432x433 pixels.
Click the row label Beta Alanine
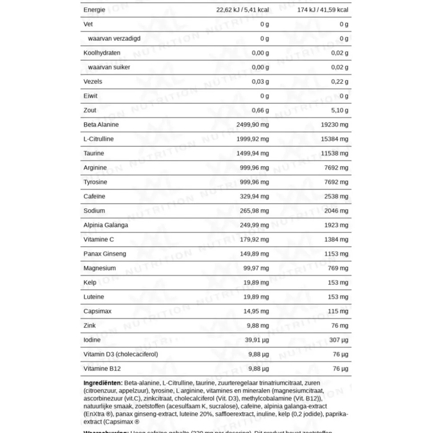(101, 124)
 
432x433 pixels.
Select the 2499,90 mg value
(253, 124)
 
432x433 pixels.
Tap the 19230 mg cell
(334, 124)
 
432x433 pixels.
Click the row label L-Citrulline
(98, 139)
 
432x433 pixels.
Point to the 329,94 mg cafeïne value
(254, 196)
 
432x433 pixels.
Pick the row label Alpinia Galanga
(106, 225)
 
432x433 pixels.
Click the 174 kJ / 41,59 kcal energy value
(323, 9)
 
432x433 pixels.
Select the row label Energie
(94, 9)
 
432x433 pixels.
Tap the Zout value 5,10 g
(339, 110)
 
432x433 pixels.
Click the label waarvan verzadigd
(114, 38)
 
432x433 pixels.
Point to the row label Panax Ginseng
(105, 254)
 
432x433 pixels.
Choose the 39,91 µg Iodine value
(256, 340)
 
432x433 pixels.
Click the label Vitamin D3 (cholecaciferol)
(121, 354)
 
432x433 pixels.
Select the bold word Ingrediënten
(103, 383)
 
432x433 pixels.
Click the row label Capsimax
(98, 311)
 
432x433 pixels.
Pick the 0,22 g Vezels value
(339, 82)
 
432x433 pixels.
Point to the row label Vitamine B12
(102, 368)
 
